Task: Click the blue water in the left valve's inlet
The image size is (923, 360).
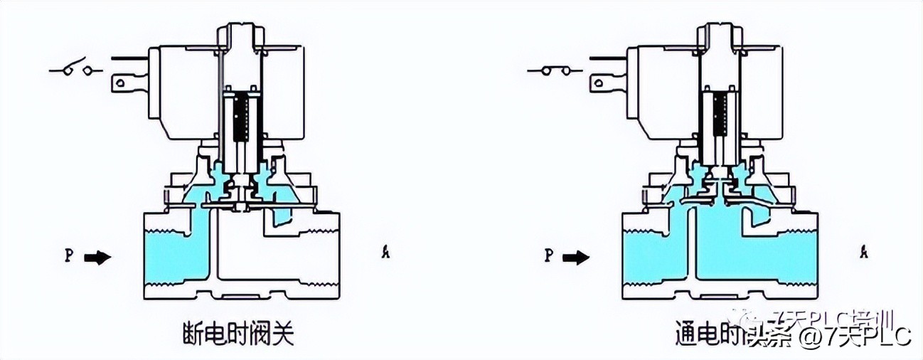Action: point(168,256)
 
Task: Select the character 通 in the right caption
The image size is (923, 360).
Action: point(685,334)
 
